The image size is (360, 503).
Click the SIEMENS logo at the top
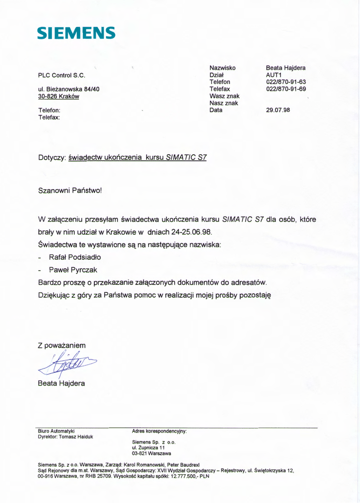click(x=77, y=33)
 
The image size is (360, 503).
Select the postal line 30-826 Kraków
click(x=58, y=97)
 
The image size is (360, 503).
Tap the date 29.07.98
click(x=278, y=110)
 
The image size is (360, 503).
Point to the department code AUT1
click(x=273, y=74)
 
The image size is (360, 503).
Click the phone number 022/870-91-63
click(x=286, y=82)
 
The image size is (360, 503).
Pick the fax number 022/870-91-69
click(x=286, y=89)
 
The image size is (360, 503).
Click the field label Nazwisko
click(x=222, y=67)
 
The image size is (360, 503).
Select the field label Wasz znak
click(x=224, y=96)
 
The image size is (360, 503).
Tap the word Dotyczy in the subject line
click(x=52, y=158)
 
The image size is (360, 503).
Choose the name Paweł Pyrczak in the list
click(x=73, y=270)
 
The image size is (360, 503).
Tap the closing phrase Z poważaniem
click(x=62, y=346)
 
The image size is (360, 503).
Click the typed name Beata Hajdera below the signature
click(x=61, y=383)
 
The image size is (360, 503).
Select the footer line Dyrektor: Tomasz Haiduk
click(x=65, y=436)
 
